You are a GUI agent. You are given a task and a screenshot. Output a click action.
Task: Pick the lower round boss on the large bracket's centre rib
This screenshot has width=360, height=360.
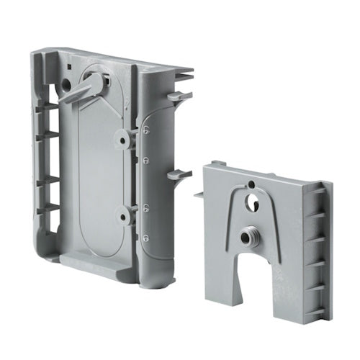[x=123, y=213]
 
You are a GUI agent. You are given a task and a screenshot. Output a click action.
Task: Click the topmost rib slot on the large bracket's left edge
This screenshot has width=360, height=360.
[x=48, y=109]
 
